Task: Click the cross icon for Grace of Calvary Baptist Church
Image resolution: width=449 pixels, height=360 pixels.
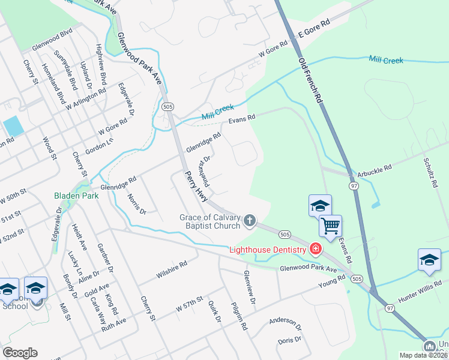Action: pyautogui.click(x=250, y=222)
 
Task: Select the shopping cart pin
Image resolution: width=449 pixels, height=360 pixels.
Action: pyautogui.click(x=330, y=226)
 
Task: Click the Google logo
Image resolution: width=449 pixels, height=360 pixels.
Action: pyautogui.click(x=20, y=352)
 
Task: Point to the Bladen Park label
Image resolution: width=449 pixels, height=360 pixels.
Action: pyautogui.click(x=76, y=196)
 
